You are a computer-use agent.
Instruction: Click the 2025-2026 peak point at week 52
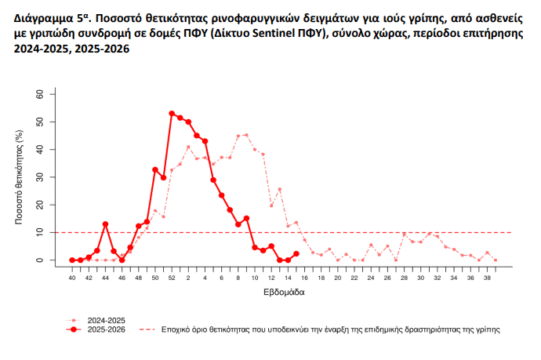[x=172, y=114]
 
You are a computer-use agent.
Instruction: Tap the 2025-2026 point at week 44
[x=105, y=224]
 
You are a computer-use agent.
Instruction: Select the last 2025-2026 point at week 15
[x=296, y=253]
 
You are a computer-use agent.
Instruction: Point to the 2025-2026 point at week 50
[x=155, y=169]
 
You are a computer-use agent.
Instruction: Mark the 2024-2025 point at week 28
[x=404, y=234]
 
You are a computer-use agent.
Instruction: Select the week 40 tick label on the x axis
[x=72, y=278]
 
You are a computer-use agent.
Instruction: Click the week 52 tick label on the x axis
[x=172, y=278]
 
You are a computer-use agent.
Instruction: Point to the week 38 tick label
[x=487, y=278]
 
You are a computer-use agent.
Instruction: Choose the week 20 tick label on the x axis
[x=337, y=278]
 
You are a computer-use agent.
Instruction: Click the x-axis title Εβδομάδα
[x=283, y=293]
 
